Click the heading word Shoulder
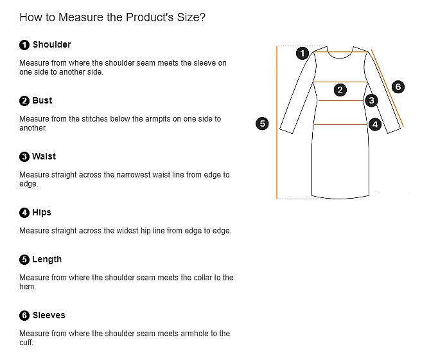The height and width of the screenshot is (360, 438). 51,44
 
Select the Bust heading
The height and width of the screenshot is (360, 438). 42,100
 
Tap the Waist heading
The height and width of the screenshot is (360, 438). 44,156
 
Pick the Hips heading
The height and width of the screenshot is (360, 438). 42,212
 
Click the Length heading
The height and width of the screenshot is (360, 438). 47,259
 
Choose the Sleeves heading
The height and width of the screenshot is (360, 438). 49,315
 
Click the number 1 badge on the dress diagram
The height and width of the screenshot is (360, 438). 302,53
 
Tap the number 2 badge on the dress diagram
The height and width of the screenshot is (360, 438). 340,90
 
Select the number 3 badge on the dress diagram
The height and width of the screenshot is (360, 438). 371,100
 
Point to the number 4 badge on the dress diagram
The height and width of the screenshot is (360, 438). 375,124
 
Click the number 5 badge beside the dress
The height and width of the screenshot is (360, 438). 262,123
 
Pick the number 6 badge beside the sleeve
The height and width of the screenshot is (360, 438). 398,87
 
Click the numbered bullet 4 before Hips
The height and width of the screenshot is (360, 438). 24,213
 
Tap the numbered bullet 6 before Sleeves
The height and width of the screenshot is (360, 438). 24,316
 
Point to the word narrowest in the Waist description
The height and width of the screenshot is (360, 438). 150,175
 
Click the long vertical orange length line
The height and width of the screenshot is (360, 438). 277,122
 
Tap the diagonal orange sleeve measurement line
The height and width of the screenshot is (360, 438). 387,88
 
